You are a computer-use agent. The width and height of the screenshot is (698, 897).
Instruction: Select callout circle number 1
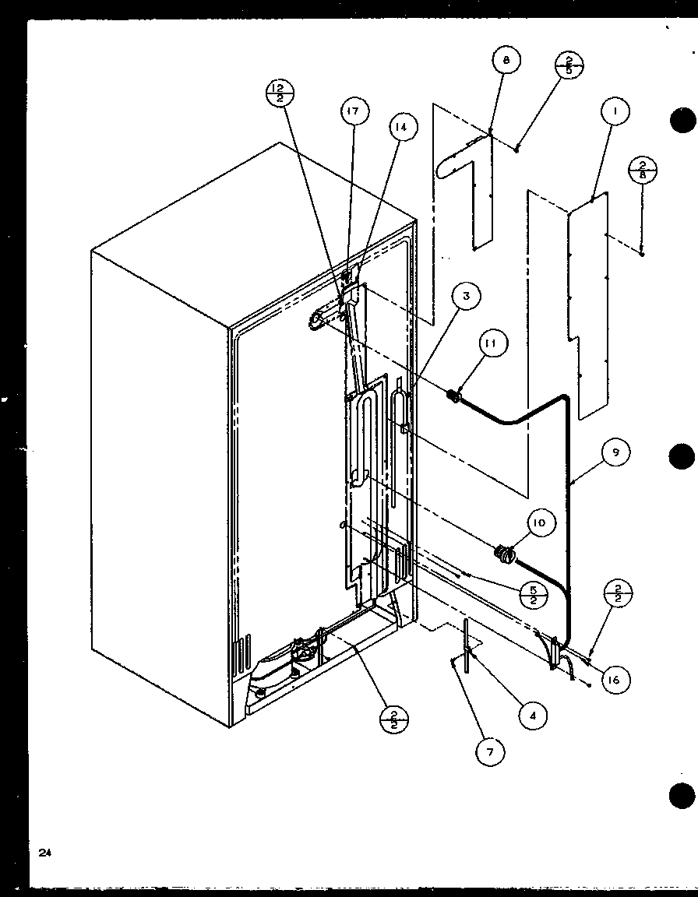[615, 112]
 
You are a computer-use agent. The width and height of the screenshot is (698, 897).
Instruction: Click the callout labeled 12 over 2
[279, 93]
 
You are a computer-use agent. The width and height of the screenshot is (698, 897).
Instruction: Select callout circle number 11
[494, 343]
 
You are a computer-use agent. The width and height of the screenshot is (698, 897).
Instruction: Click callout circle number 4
[533, 714]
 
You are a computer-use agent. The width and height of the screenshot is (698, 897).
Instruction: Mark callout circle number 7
[491, 751]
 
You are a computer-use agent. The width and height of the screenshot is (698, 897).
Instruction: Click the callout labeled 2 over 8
[643, 171]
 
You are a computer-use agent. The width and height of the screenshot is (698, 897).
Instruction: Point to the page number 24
[44, 853]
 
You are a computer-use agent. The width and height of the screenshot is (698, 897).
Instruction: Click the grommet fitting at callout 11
[452, 397]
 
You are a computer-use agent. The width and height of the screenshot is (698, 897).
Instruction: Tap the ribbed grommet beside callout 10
[506, 554]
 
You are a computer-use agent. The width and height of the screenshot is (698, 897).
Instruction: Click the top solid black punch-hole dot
[682, 121]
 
